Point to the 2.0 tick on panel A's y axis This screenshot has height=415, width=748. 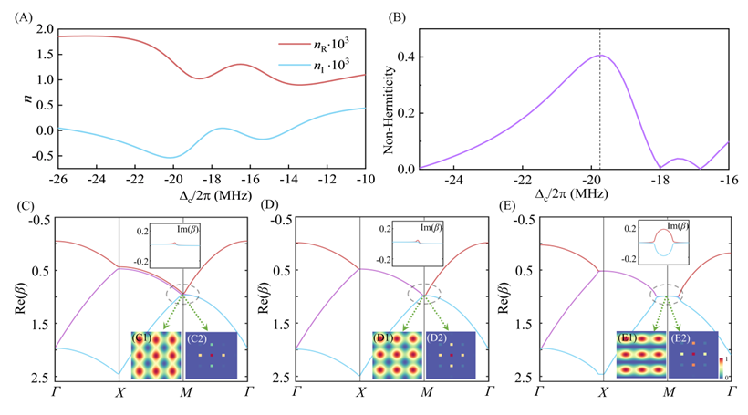(42, 30)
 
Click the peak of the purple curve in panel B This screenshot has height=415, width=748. (599, 56)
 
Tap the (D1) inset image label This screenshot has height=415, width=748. (384, 339)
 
